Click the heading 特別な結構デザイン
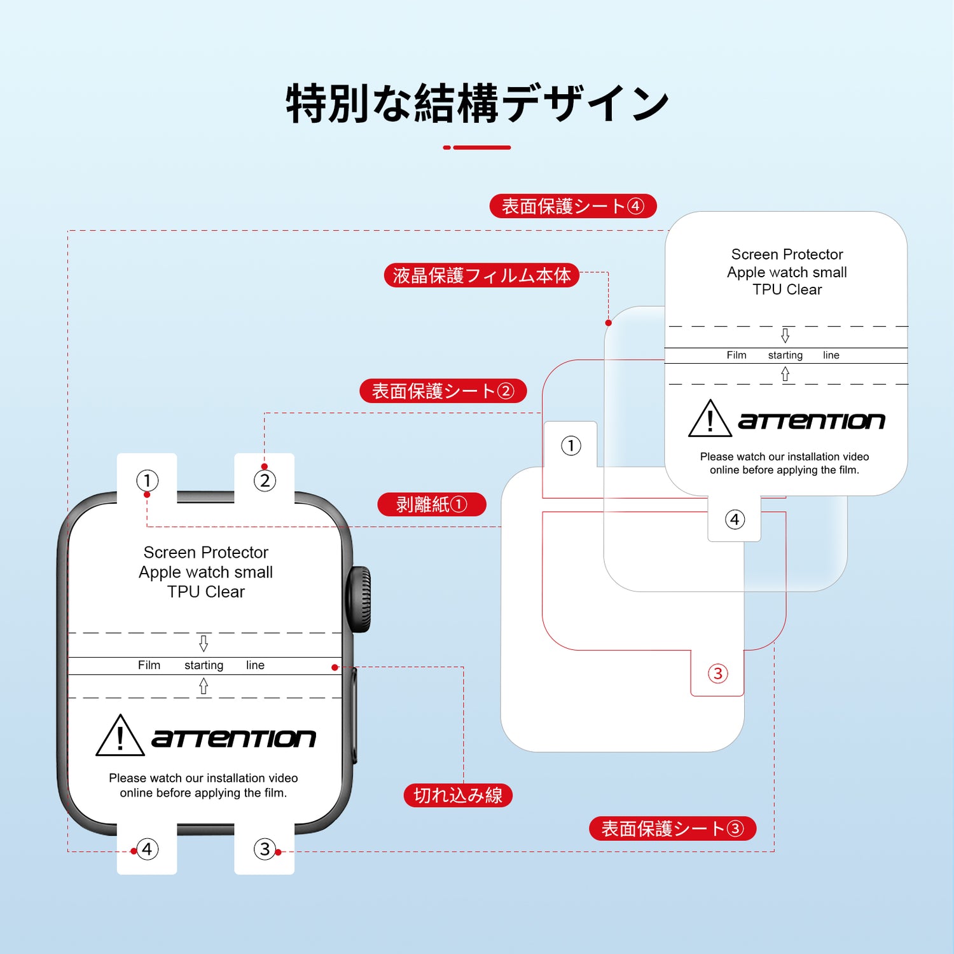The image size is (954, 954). pyautogui.click(x=477, y=104)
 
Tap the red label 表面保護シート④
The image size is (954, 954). pyautogui.click(x=572, y=206)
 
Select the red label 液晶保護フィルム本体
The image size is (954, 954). pyautogui.click(x=481, y=275)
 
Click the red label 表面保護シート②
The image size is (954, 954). pyautogui.click(x=443, y=391)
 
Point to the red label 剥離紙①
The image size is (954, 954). pyautogui.click(x=431, y=504)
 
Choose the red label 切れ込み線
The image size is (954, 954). pyautogui.click(x=458, y=795)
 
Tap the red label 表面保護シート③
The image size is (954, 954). pyautogui.click(x=672, y=829)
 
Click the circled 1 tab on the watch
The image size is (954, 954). pyautogui.click(x=147, y=480)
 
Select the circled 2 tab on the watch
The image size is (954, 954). pyautogui.click(x=265, y=480)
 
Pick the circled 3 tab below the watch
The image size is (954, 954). pyautogui.click(x=265, y=849)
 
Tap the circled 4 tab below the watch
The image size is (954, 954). pyautogui.click(x=147, y=849)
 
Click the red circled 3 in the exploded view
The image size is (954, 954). pyautogui.click(x=717, y=674)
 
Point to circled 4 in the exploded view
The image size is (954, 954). pyautogui.click(x=735, y=520)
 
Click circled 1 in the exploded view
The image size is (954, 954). pyautogui.click(x=570, y=446)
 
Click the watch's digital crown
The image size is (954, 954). pyautogui.click(x=359, y=600)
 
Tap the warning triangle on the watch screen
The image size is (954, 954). pyautogui.click(x=120, y=736)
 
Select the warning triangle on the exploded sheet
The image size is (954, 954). pyautogui.click(x=710, y=419)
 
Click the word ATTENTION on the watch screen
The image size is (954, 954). pyautogui.click(x=233, y=738)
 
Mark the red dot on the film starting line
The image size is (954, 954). pyautogui.click(x=335, y=667)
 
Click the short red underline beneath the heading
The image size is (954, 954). pyautogui.click(x=477, y=148)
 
